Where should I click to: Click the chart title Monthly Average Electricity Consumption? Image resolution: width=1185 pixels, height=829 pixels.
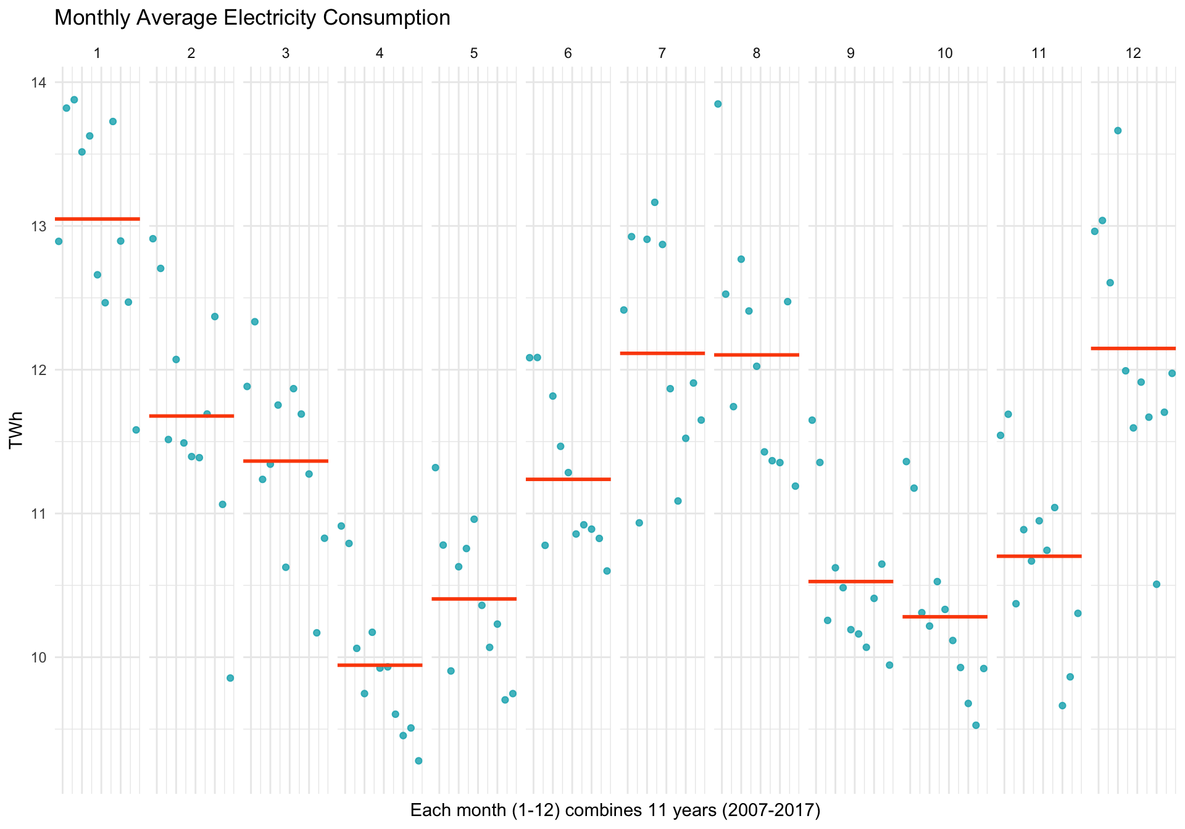252,18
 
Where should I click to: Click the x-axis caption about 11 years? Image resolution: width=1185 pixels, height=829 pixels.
615,810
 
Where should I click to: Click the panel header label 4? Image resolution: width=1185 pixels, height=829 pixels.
380,53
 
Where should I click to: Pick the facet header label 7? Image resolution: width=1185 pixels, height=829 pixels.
662,53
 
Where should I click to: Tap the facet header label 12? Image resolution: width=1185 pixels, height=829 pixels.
1133,53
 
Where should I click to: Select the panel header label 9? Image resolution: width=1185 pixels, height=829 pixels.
850,53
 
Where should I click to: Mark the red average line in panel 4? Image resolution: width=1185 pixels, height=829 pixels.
380,665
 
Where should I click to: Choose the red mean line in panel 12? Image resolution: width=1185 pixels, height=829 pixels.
1133,349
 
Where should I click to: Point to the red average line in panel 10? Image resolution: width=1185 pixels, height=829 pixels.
945,617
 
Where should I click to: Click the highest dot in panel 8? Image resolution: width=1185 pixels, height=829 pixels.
718,104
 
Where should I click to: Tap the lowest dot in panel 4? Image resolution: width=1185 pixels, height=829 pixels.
418,761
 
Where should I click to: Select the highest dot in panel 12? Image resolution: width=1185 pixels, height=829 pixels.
1118,131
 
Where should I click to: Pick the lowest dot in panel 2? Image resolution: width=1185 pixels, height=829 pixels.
230,678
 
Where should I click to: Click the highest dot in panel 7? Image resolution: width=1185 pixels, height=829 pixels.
655,202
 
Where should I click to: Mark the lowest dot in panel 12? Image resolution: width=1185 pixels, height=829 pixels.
1157,584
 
